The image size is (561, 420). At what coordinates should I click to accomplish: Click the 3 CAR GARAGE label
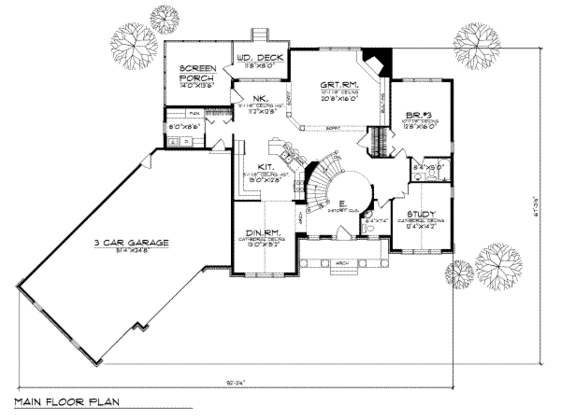pyautogui.click(x=131, y=242)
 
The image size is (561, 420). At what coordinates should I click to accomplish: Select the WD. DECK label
pyautogui.click(x=260, y=58)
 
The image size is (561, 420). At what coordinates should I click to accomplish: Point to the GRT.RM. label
pyautogui.click(x=339, y=85)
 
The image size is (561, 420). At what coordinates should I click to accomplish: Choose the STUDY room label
pyautogui.click(x=421, y=213)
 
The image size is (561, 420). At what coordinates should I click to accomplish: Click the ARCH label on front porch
pyautogui.click(x=341, y=263)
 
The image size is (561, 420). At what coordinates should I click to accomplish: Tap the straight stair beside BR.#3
pyautogui.click(x=377, y=141)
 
